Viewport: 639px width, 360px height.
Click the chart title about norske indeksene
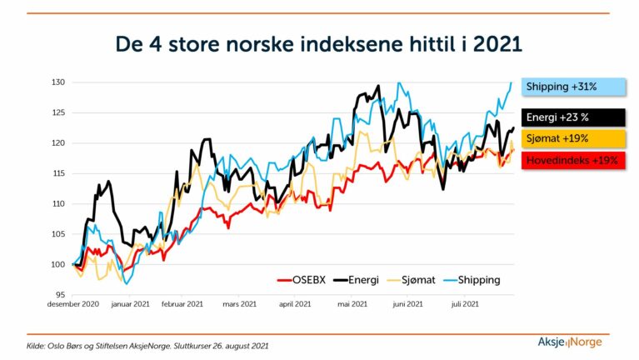[x=319, y=44]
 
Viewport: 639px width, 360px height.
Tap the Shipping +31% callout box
[x=573, y=87]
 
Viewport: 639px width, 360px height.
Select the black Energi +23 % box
[x=573, y=117]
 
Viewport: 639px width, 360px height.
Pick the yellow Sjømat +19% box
[x=573, y=138]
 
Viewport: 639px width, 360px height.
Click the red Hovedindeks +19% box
[x=573, y=160]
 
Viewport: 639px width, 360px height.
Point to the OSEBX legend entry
[x=302, y=280]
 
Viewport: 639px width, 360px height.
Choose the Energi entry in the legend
[x=357, y=280]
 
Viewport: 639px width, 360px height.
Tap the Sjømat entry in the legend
[x=411, y=280]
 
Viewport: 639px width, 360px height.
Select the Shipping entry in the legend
[x=472, y=280]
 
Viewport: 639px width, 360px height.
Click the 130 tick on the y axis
[x=57, y=82]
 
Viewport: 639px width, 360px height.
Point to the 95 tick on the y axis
[x=60, y=295]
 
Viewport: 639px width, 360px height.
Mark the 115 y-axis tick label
[x=57, y=173]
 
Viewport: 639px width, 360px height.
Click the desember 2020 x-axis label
[x=73, y=304]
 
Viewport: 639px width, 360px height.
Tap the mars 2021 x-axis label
[x=240, y=304]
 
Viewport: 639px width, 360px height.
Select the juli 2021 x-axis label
[x=465, y=304]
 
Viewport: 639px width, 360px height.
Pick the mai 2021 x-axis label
[x=352, y=304]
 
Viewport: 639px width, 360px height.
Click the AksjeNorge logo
[x=570, y=342]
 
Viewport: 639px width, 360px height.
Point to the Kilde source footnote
[x=147, y=346]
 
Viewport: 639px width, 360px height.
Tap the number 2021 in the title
[x=497, y=44]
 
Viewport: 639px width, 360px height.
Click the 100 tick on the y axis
[x=57, y=264]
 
